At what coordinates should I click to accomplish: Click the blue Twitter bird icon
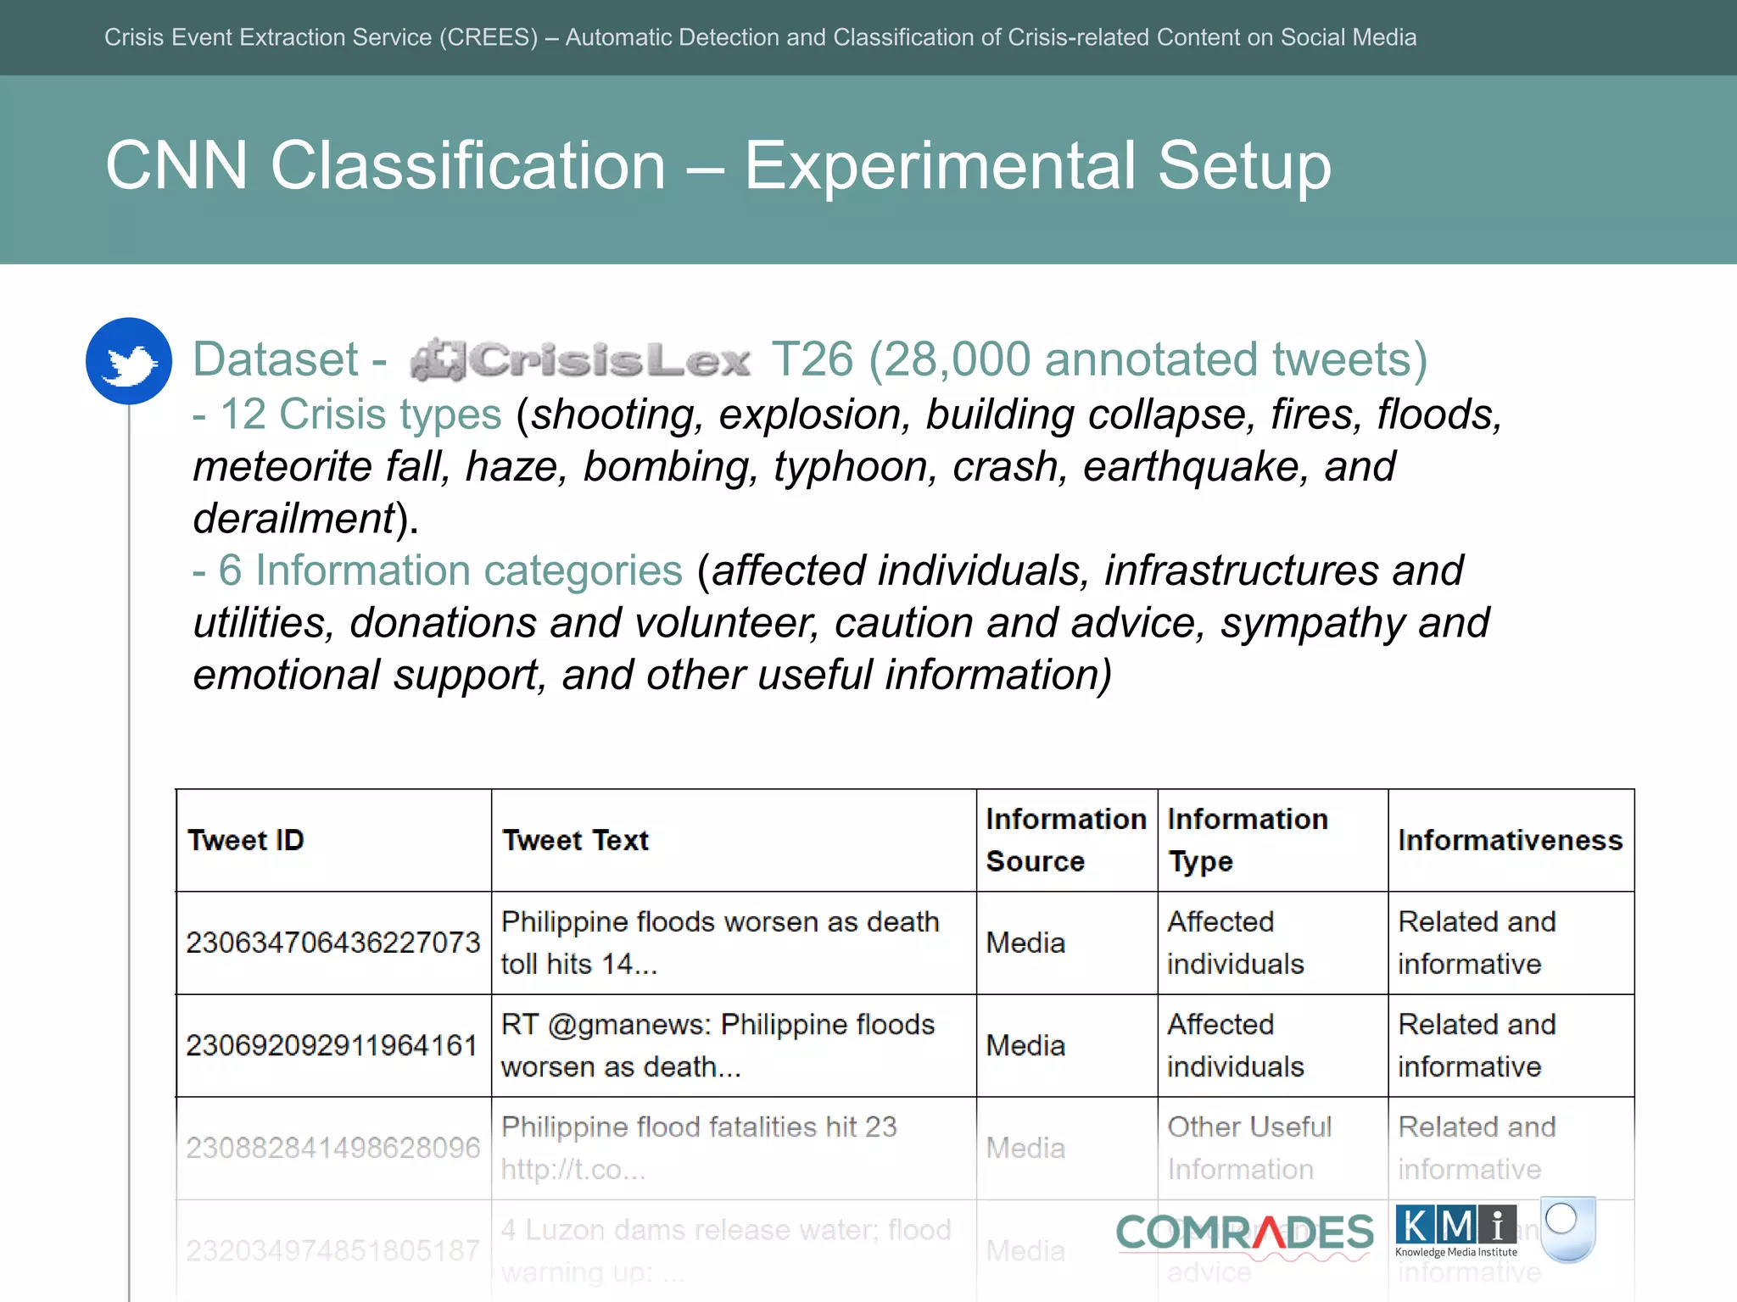pyautogui.click(x=129, y=362)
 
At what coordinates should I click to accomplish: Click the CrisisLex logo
pyautogui.click(x=580, y=360)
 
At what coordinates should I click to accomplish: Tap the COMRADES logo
pyautogui.click(x=1244, y=1233)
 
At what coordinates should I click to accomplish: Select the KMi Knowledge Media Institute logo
pyautogui.click(x=1456, y=1231)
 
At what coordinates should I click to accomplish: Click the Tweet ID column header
pyautogui.click(x=246, y=840)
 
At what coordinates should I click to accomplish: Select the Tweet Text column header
pyautogui.click(x=575, y=840)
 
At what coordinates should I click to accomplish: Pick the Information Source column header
pyautogui.click(x=1065, y=840)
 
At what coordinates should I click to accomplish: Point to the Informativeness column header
pyautogui.click(x=1510, y=840)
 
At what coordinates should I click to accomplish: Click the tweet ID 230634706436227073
pyautogui.click(x=333, y=943)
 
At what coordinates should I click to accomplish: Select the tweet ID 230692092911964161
pyautogui.click(x=332, y=1045)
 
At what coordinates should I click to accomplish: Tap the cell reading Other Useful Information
pyautogui.click(x=1248, y=1148)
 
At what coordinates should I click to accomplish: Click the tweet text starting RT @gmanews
pyautogui.click(x=718, y=1045)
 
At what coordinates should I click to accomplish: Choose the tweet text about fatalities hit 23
pyautogui.click(x=699, y=1148)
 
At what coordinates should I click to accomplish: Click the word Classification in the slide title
pyautogui.click(x=468, y=165)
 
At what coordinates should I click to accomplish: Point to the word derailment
pyautogui.click(x=294, y=518)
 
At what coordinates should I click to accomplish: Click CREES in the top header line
pyautogui.click(x=488, y=37)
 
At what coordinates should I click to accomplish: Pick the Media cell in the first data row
pyautogui.click(x=1025, y=943)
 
